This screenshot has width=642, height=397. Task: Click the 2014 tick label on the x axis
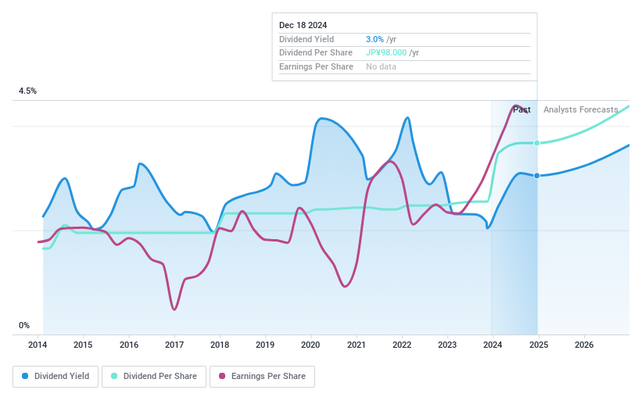(x=38, y=345)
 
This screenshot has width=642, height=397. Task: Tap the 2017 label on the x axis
(x=174, y=345)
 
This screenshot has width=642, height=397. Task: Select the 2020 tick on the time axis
(x=310, y=345)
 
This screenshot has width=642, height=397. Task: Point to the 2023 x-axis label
(x=447, y=345)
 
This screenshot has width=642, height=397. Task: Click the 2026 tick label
(x=583, y=345)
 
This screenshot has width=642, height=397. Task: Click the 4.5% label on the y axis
(x=28, y=91)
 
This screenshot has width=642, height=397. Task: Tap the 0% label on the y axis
(x=24, y=326)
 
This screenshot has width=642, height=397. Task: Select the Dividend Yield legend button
(x=56, y=377)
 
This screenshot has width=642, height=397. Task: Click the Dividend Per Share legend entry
(x=153, y=377)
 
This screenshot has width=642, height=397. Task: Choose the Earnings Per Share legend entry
(x=262, y=377)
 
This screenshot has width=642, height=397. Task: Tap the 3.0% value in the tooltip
(x=375, y=39)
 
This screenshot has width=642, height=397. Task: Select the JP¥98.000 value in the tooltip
(x=386, y=53)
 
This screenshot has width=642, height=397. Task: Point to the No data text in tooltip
(x=381, y=66)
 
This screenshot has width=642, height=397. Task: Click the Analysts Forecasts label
(x=580, y=110)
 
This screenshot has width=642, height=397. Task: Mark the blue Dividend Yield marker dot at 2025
(x=536, y=176)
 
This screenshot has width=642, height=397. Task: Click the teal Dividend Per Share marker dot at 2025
(x=536, y=143)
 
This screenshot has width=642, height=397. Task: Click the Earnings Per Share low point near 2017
(x=174, y=309)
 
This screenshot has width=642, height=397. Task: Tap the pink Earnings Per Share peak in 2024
(x=515, y=106)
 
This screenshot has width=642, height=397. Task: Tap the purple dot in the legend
(x=222, y=377)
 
